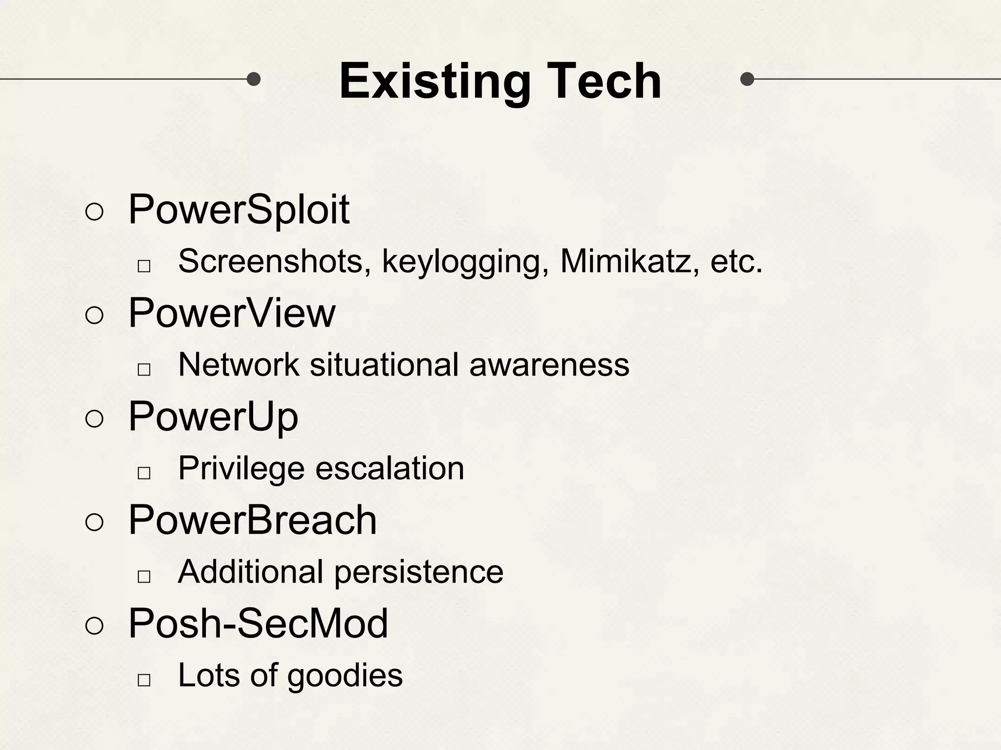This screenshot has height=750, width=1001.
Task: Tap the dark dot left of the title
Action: [253, 79]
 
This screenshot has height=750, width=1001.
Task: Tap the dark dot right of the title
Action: [747, 79]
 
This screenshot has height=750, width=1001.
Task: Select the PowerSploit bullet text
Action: [239, 210]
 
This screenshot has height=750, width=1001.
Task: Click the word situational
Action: [384, 365]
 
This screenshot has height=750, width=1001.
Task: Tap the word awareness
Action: [549, 365]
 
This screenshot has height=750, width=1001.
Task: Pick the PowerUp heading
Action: [213, 417]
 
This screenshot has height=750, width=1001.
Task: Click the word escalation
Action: [390, 468]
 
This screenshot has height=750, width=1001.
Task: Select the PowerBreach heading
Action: [252, 520]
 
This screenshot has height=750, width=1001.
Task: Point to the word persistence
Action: [418, 572]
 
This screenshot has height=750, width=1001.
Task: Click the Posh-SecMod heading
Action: [258, 624]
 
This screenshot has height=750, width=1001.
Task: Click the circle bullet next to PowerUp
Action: [94, 419]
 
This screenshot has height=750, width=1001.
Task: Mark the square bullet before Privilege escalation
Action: [144, 473]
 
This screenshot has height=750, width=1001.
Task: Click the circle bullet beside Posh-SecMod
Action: [94, 626]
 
